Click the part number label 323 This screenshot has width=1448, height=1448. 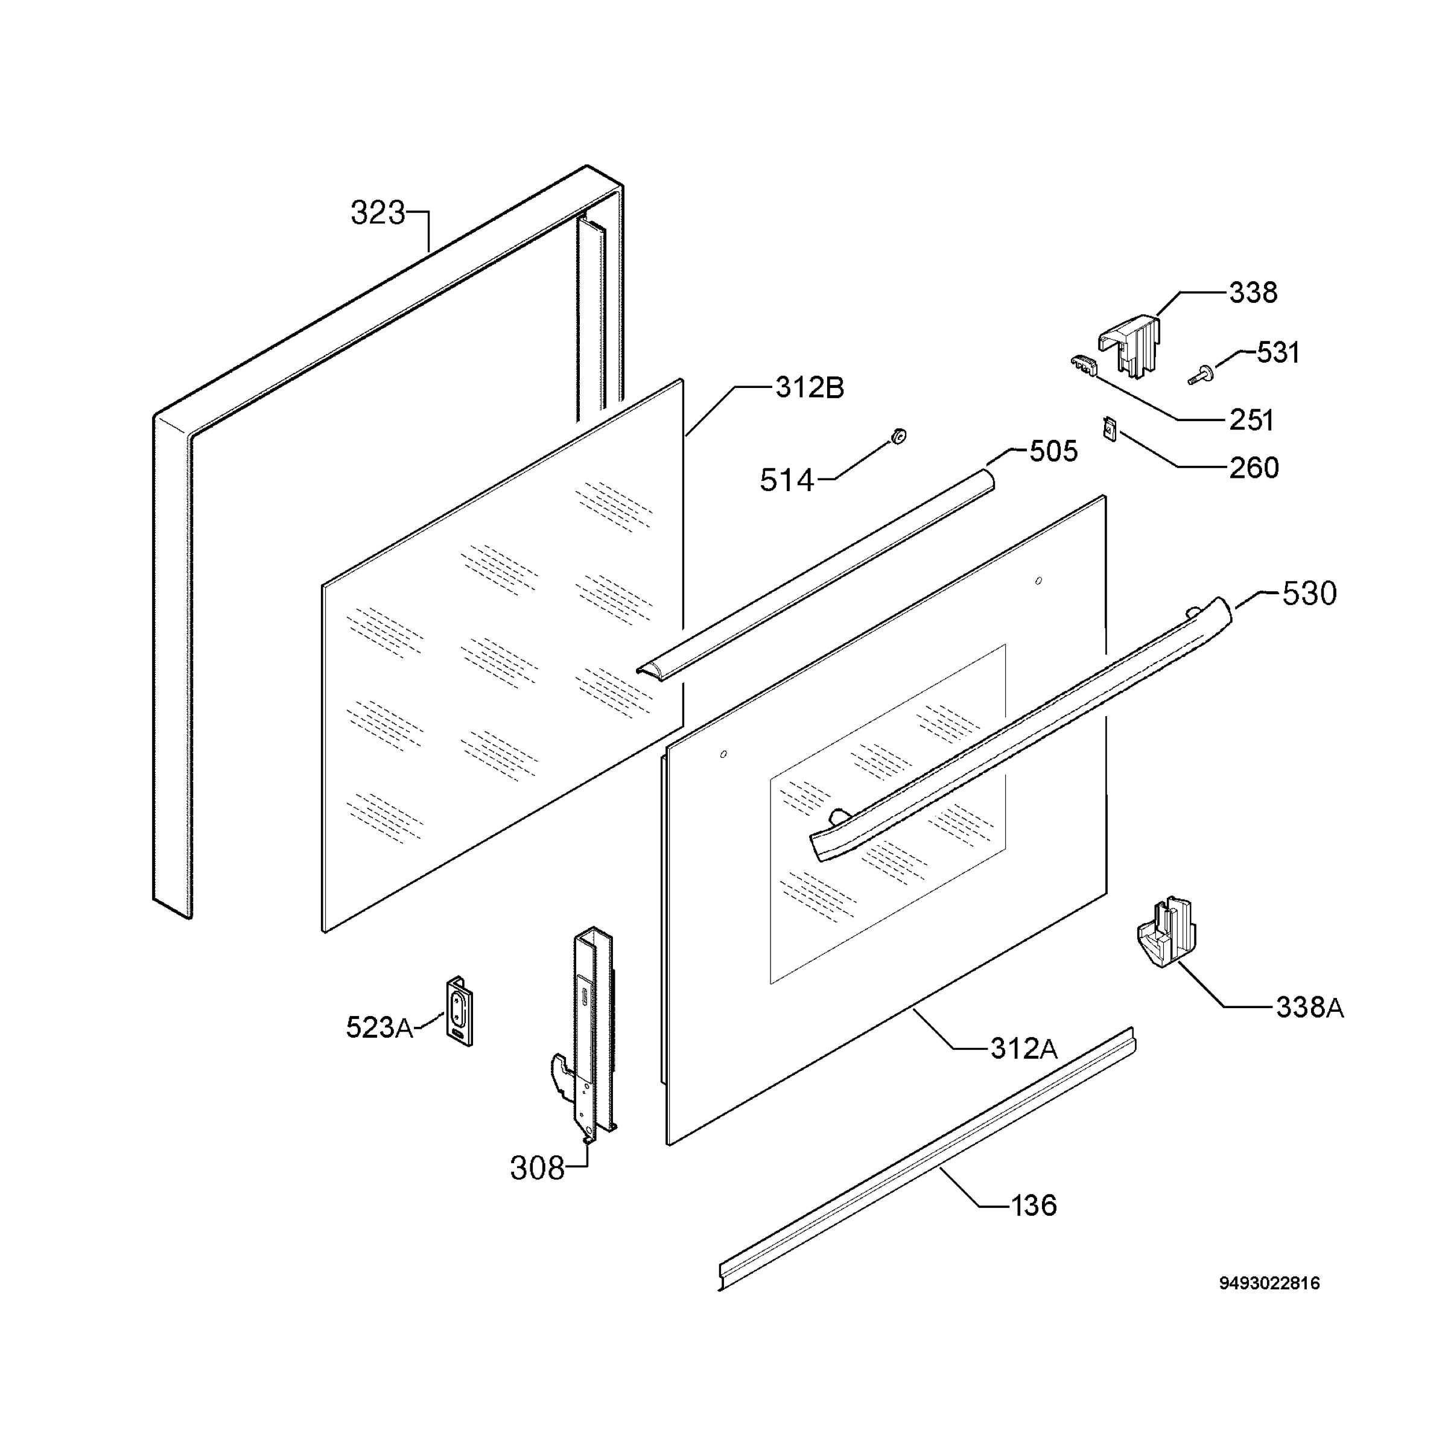[x=378, y=214]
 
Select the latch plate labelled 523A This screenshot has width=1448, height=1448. [x=459, y=1011]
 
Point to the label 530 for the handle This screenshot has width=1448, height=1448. [x=1309, y=594]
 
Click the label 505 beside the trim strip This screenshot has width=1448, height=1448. [x=1053, y=452]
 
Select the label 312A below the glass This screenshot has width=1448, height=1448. [x=1024, y=1049]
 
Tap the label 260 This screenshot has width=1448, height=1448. [x=1254, y=468]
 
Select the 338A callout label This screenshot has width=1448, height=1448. [x=1310, y=1008]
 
